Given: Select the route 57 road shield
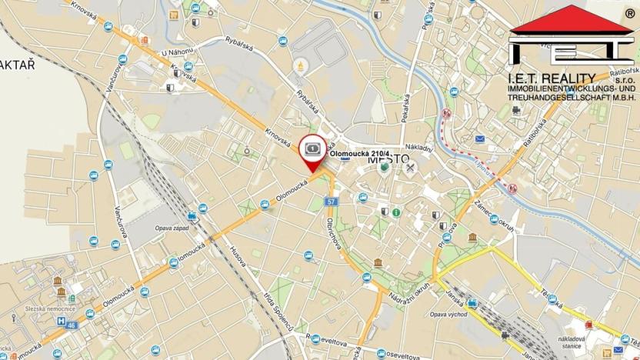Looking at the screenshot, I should pos(331,202).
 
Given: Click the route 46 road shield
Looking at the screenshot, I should pos(72,326).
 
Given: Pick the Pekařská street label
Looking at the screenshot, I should pos(405,108).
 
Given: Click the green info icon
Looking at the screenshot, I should pos(395,212).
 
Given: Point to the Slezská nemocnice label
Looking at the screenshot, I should pos(49,308).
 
